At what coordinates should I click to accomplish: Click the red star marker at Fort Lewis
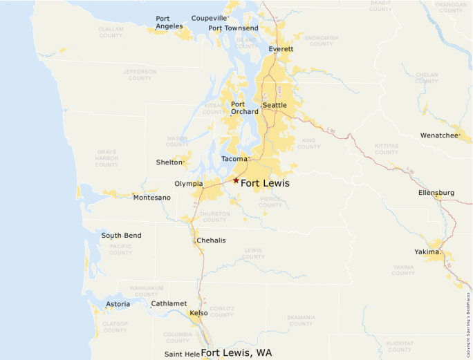click(236, 180)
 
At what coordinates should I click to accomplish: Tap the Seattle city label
click(275, 105)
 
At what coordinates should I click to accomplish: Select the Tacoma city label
click(234, 159)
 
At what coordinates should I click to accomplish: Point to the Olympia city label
click(188, 184)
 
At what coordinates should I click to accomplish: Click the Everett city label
click(281, 49)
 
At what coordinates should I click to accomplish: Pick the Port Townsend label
click(233, 28)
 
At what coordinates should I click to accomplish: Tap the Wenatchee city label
click(439, 135)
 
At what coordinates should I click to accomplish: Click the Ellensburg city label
click(436, 193)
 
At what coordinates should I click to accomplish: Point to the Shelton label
click(170, 162)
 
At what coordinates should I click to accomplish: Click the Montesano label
click(151, 198)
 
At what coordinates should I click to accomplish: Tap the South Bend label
click(121, 236)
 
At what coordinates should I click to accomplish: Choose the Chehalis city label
click(211, 240)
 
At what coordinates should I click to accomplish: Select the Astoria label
click(118, 304)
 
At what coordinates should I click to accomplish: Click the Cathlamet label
click(169, 303)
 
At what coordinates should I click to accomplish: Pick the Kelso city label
click(198, 313)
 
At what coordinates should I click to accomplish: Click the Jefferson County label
click(140, 75)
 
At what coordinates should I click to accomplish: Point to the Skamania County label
click(301, 321)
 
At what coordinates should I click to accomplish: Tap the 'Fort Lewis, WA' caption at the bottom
click(236, 353)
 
